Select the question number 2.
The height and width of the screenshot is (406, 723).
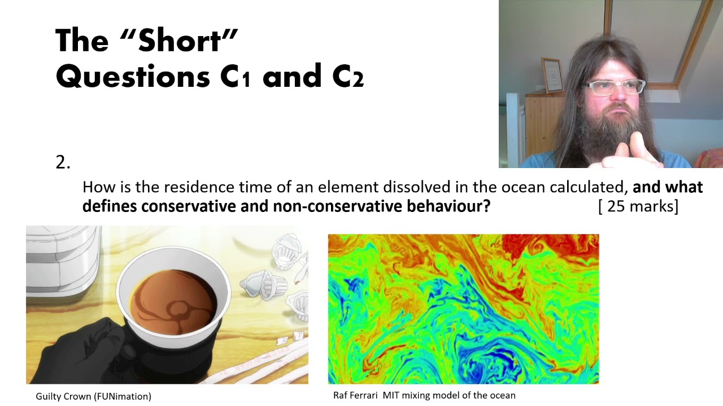tap(62, 162)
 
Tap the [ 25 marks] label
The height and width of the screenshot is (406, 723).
tap(638, 206)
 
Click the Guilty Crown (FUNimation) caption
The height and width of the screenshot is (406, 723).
tap(94, 396)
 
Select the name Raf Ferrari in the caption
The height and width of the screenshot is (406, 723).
tap(356, 395)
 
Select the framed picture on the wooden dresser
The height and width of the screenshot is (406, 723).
tap(553, 75)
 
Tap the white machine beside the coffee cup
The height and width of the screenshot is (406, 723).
tap(62, 259)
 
